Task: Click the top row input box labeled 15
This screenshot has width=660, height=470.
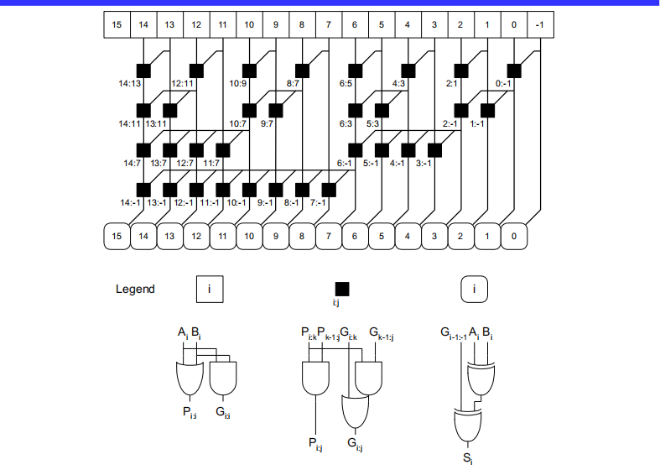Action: pyautogui.click(x=117, y=24)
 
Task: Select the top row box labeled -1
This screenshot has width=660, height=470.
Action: pyautogui.click(x=540, y=24)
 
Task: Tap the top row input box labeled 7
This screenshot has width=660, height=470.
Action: pyautogui.click(x=328, y=24)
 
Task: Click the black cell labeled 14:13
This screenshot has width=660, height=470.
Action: pyautogui.click(x=143, y=70)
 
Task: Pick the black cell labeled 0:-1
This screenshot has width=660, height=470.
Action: pyautogui.click(x=513, y=70)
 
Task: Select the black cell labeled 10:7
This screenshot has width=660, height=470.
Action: pyautogui.click(x=249, y=110)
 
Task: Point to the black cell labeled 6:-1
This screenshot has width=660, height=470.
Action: pyautogui.click(x=355, y=150)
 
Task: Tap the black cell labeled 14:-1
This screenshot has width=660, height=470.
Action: pyautogui.click(x=143, y=189)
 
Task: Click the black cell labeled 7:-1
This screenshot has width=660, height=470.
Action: pyautogui.click(x=328, y=189)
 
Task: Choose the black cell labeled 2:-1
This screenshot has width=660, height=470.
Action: pyautogui.click(x=460, y=110)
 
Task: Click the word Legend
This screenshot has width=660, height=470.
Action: pyautogui.click(x=135, y=290)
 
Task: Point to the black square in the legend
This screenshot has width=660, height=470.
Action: pyautogui.click(x=342, y=289)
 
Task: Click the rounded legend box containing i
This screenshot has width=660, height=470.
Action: pyautogui.click(x=476, y=290)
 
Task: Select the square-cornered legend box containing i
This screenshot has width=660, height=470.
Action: pyautogui.click(x=210, y=290)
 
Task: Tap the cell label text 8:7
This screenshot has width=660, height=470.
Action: pyautogui.click(x=294, y=84)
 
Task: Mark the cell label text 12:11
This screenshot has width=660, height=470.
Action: pyautogui.click(x=182, y=84)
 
